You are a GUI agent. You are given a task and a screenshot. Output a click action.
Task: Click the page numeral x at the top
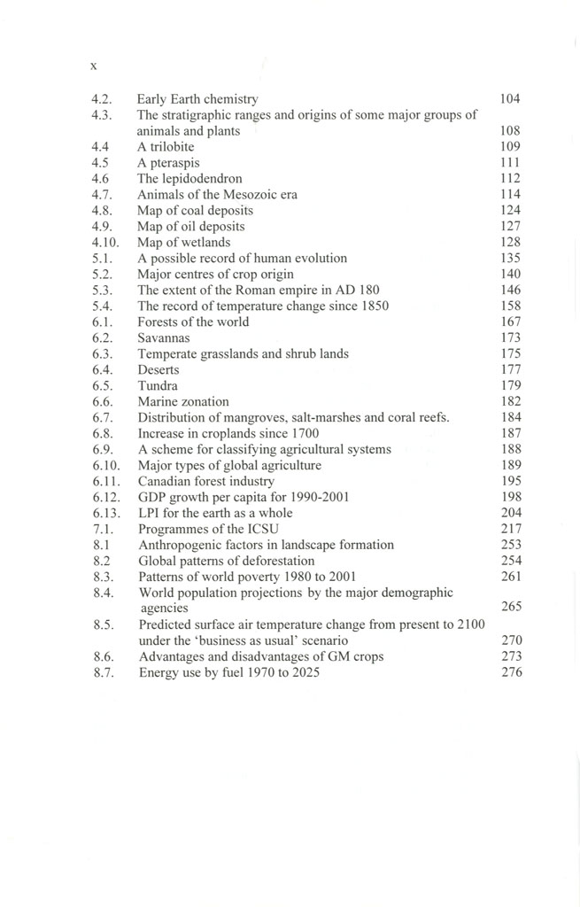[94, 66]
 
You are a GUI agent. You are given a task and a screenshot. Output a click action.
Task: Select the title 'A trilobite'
[166, 146]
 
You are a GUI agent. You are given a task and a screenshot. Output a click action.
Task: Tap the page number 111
[510, 163]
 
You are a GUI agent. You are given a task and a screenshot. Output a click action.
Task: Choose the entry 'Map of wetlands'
[183, 243]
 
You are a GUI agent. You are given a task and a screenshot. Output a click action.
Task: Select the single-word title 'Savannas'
[163, 338]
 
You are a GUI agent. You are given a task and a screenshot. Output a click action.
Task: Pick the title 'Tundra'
[158, 386]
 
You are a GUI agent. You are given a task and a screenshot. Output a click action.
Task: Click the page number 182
[510, 402]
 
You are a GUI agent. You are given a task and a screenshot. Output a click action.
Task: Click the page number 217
[511, 529]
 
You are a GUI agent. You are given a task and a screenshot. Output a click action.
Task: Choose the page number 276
[511, 672]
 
